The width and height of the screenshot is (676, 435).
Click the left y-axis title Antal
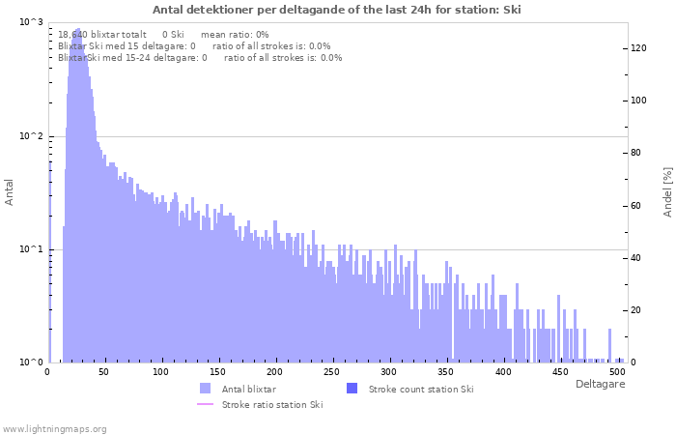[x=10, y=191]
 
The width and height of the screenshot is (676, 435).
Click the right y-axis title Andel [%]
[x=667, y=191]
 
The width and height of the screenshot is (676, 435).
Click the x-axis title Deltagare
[x=600, y=384]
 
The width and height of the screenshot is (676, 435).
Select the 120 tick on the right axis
[x=638, y=47]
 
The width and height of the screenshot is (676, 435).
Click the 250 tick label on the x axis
[x=332, y=371]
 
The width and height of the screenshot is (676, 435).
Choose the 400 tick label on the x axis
[x=503, y=371]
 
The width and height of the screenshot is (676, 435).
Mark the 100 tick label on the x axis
[x=160, y=371]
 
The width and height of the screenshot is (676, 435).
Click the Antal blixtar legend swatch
[x=205, y=389]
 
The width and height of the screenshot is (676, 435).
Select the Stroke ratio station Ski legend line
[x=205, y=404]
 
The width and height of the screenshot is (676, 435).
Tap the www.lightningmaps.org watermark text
[x=54, y=428]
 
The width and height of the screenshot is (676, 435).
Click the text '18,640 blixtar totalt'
[x=102, y=34]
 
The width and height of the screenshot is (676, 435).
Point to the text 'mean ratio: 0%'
[x=235, y=34]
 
